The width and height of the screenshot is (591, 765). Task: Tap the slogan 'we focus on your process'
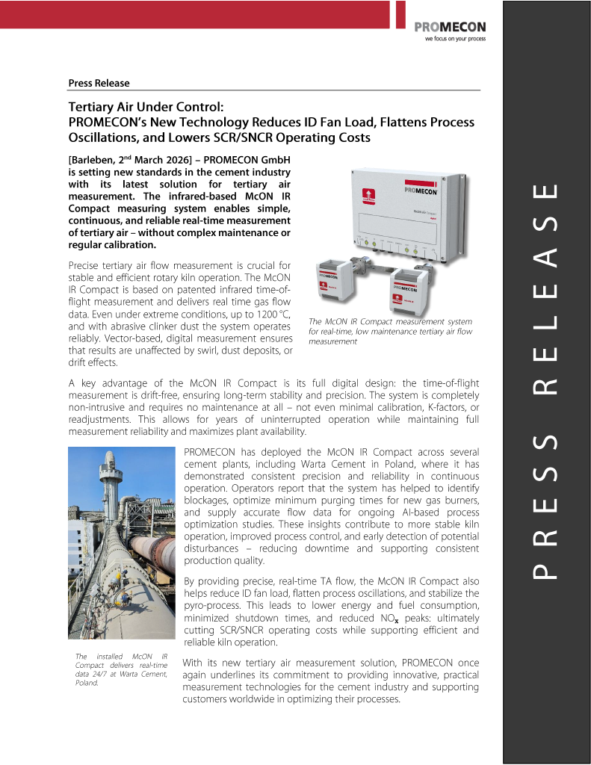click(455, 39)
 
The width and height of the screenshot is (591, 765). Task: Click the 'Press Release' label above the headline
click(99, 83)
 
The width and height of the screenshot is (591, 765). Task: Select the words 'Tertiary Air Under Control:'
click(146, 108)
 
